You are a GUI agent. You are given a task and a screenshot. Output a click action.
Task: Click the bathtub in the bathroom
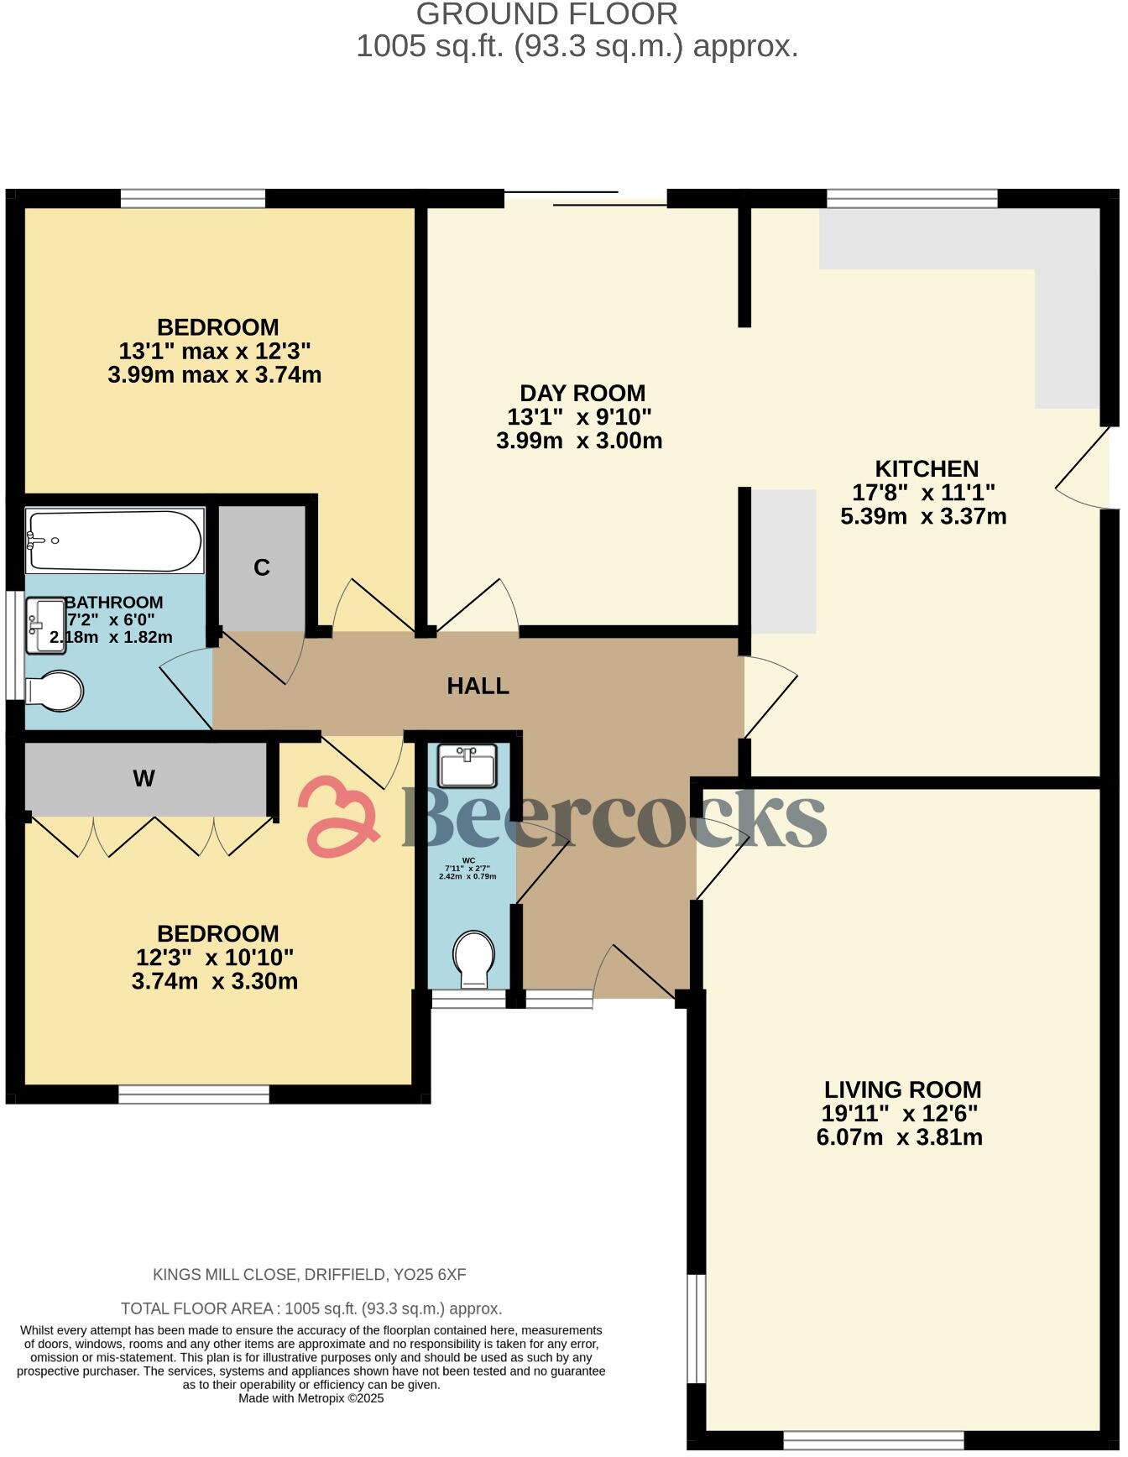115,540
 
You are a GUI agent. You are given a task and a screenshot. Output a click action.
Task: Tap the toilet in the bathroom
55,691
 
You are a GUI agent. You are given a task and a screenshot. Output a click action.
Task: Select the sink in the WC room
467,765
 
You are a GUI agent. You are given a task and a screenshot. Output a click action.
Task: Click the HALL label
478,686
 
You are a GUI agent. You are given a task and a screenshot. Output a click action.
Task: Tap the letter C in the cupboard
262,568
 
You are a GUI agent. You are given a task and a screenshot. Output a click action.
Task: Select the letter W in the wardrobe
144,779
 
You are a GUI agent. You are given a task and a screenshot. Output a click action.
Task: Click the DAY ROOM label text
582,393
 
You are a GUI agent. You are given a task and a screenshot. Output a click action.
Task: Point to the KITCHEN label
927,468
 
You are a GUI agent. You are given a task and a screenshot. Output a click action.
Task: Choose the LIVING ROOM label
902,1089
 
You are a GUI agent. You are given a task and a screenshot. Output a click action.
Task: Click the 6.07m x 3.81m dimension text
899,1137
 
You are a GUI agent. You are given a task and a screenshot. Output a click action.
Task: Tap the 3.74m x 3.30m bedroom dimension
215,980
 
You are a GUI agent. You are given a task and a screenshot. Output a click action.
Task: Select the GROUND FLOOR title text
546,14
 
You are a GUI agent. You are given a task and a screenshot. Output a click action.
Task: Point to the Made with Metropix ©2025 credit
311,1398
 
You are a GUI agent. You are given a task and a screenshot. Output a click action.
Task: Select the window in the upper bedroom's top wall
193,198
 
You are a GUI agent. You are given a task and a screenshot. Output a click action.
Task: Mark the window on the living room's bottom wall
874,1440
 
